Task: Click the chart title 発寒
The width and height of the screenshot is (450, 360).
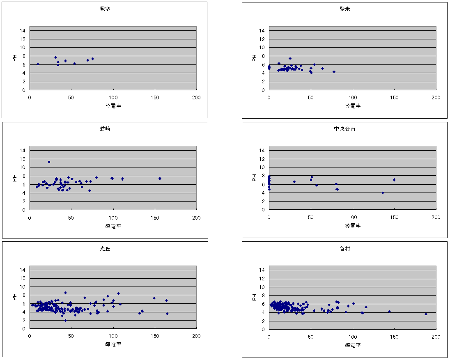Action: [105, 9]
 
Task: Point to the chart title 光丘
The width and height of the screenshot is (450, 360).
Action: [105, 248]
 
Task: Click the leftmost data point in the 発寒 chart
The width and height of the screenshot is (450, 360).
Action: [38, 64]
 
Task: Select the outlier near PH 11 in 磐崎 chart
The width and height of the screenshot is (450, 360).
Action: [49, 162]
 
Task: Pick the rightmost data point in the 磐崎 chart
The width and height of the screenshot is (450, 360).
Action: [160, 178]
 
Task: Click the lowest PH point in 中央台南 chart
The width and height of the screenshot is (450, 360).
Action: [383, 193]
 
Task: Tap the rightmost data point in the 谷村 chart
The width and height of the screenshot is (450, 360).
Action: [426, 314]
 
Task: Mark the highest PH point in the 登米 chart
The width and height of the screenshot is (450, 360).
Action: [290, 58]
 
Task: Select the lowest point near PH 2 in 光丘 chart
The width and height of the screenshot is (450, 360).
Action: [65, 320]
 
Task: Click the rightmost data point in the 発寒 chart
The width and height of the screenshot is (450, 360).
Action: [92, 59]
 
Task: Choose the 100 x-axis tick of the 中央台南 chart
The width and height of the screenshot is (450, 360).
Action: [352, 218]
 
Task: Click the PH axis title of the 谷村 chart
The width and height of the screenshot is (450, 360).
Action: [254, 296]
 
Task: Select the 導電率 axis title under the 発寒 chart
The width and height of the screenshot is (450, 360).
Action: [113, 105]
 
